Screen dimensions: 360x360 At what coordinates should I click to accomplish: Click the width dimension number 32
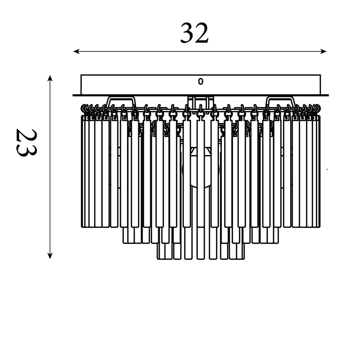click(194, 33)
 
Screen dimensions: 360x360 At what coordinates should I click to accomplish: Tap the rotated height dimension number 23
click(26, 143)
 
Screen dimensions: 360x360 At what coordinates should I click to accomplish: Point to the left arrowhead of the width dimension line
click(76, 51)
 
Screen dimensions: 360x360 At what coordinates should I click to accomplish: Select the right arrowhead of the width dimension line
click(323, 51)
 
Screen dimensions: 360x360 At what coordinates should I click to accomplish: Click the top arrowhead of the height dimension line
click(50, 78)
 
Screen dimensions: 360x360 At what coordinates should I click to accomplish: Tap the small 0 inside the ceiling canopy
click(201, 81)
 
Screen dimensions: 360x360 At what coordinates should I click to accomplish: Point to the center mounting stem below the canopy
click(201, 102)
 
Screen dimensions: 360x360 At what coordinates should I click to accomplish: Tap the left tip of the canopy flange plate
click(73, 95)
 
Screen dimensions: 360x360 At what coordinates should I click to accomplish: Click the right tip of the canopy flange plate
click(328, 95)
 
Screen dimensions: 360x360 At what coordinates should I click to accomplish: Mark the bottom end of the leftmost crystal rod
click(82, 227)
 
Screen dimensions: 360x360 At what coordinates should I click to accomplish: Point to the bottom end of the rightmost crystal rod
click(319, 227)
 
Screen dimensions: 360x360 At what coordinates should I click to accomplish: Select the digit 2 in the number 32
click(202, 33)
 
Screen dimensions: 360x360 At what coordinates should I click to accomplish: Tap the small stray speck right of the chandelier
click(327, 170)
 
